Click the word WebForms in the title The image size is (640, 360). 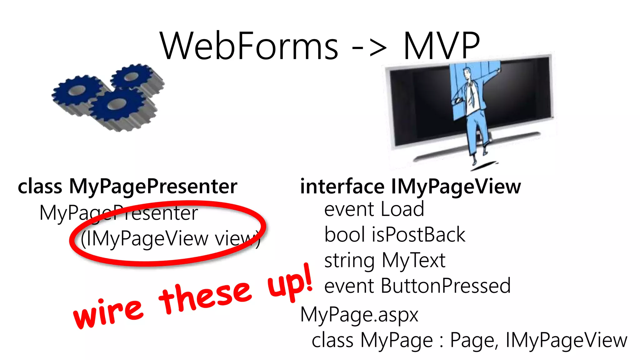coord(249,46)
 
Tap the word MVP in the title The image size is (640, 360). coord(442,46)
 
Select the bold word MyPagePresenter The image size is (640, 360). coord(153,187)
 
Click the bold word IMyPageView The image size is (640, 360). coord(456,187)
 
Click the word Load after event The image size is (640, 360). coord(402,209)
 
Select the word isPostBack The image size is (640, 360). coord(418,235)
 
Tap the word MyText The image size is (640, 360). coord(413,261)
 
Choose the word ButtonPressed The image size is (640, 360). coord(446,286)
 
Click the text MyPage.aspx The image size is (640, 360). coord(359,315)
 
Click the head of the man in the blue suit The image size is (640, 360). coord(467,74)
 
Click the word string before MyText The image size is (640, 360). coord(349,261)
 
